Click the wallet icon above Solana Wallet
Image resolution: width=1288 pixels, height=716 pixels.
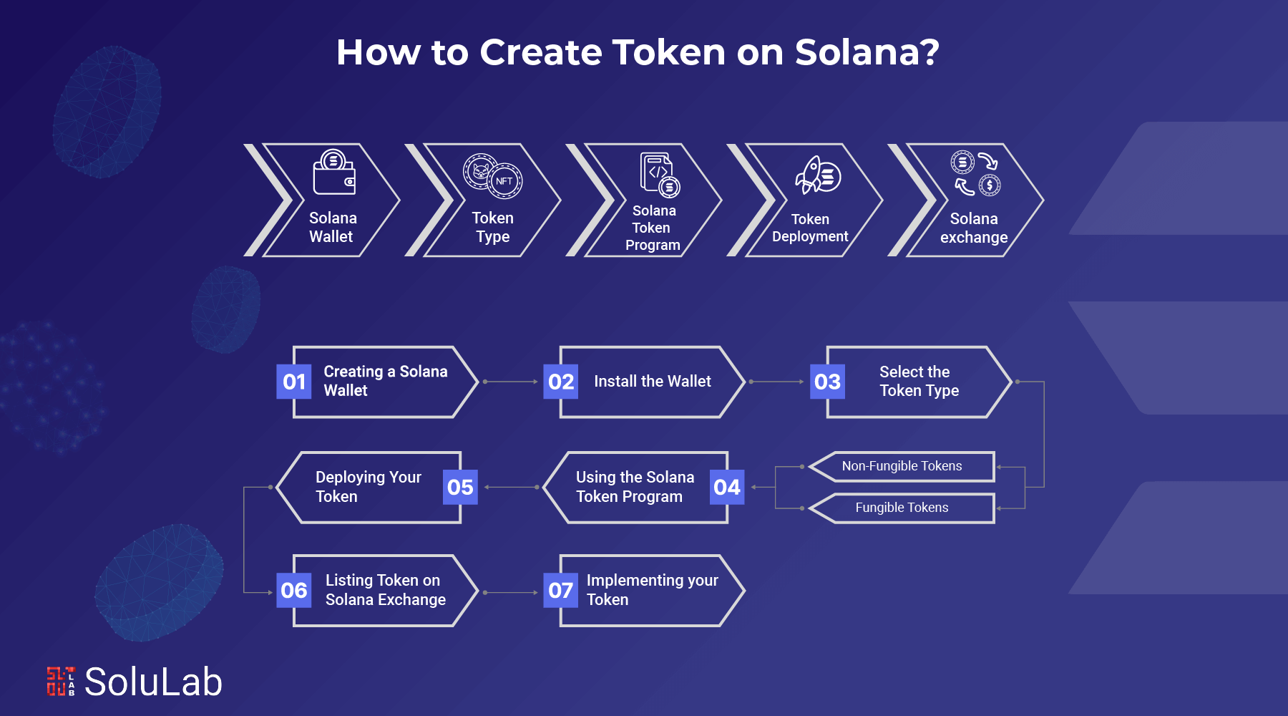tap(334, 173)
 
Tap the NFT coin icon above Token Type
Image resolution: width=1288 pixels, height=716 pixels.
tap(493, 175)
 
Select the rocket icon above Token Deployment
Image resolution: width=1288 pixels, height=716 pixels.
tap(817, 175)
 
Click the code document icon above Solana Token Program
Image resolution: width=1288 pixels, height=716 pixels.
tap(659, 174)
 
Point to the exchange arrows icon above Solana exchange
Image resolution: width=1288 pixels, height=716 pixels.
tap(975, 173)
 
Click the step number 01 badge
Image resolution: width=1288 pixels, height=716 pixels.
tap(294, 382)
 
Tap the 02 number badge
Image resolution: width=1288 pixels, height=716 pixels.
tap(561, 382)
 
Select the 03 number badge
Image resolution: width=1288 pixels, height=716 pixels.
tap(827, 382)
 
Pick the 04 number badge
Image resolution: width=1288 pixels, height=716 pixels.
tap(727, 488)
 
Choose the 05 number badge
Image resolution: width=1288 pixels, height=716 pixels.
tap(460, 488)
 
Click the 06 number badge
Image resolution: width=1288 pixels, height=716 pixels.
tap(294, 591)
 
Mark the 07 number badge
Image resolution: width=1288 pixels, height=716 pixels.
tap(561, 591)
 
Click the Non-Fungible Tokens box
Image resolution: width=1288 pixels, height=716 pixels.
tap(902, 466)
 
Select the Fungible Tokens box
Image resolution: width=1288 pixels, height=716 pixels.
tap(902, 508)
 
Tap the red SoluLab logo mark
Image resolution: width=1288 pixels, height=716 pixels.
tap(61, 681)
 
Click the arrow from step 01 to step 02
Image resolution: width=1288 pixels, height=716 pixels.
tap(511, 382)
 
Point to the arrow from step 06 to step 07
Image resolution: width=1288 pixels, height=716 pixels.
tap(511, 592)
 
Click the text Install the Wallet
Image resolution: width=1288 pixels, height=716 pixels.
tap(653, 382)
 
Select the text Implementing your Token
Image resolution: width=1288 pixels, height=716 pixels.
tap(652, 590)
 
